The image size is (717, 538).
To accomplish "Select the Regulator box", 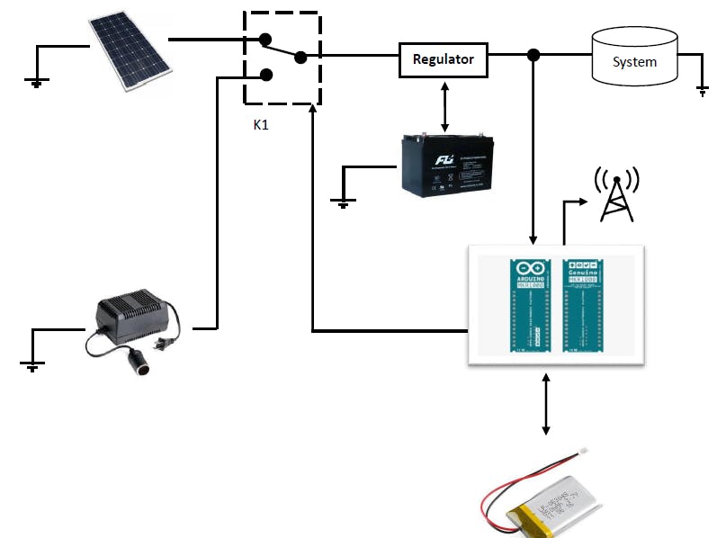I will pyautogui.click(x=443, y=59).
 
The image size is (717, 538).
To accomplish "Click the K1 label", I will pyautogui.click(x=261, y=124).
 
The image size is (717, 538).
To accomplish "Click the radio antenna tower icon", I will pyautogui.click(x=616, y=193).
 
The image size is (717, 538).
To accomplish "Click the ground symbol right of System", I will pyautogui.click(x=703, y=90).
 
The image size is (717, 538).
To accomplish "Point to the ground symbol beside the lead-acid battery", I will pyautogui.click(x=342, y=202).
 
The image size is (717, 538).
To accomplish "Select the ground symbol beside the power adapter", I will pyautogui.click(x=31, y=364).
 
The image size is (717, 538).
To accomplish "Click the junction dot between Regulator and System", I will pyautogui.click(x=533, y=56).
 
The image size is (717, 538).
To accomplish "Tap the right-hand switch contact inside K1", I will pyautogui.click(x=300, y=58).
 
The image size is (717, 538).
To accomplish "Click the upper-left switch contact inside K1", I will pyautogui.click(x=264, y=39).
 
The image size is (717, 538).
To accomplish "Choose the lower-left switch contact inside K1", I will pyautogui.click(x=264, y=75).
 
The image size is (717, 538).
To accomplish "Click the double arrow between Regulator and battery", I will pyautogui.click(x=444, y=105).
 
